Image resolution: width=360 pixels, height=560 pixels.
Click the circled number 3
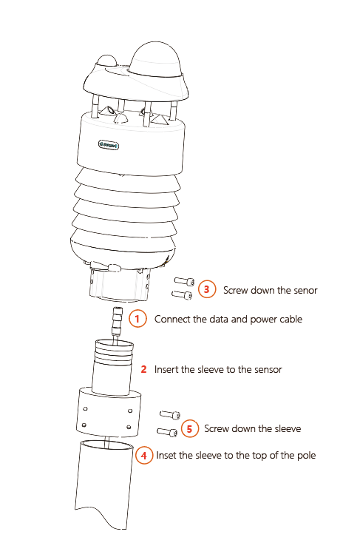point(208,289)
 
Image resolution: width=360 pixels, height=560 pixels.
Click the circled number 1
point(137,320)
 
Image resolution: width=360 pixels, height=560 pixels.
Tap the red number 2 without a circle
point(143,368)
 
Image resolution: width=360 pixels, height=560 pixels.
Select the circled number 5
point(189,428)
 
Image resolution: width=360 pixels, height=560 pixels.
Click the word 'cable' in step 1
point(288,320)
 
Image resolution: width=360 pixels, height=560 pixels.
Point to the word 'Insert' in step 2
point(166,368)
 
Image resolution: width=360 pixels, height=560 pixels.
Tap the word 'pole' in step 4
point(305,456)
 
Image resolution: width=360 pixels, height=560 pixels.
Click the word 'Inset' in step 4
point(167,456)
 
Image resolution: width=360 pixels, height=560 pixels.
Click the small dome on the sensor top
point(108,64)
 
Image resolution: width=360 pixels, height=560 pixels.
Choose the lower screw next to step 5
point(167,432)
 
